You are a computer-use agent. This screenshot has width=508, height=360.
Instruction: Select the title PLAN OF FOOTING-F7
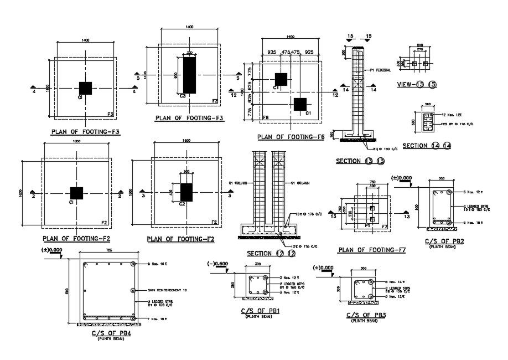pyautogui.click(x=371, y=250)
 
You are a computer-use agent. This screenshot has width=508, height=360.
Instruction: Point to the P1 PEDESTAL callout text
pyautogui.click(x=380, y=70)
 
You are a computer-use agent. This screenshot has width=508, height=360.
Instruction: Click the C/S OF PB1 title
pyautogui.click(x=260, y=311)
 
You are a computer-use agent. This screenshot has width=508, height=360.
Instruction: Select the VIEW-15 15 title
pyautogui.click(x=418, y=84)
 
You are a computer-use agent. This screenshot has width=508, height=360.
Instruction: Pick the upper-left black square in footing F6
pyautogui.click(x=281, y=79)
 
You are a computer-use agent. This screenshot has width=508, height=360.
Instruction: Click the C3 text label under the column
pyautogui.click(x=183, y=96)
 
